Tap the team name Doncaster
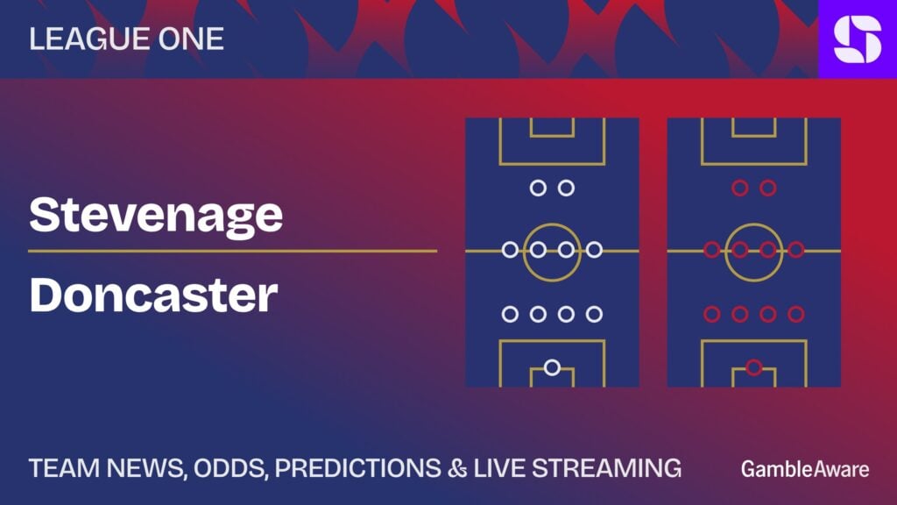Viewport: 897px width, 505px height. [x=153, y=295]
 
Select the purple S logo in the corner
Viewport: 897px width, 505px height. [x=858, y=39]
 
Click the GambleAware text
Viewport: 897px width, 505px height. [x=805, y=470]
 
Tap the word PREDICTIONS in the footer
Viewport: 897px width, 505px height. [x=357, y=468]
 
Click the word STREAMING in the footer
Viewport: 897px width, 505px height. [x=607, y=468]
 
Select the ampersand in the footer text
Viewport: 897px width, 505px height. [x=457, y=468]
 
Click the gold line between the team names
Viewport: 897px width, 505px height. [x=233, y=251]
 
